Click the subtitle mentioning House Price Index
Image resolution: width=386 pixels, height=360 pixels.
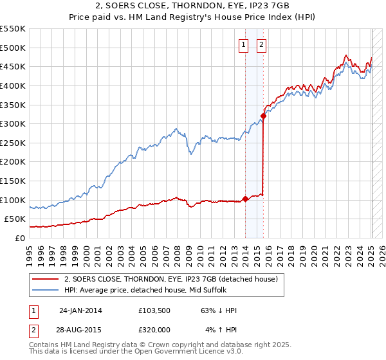[193, 18]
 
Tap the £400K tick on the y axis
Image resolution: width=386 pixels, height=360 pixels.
[13, 85]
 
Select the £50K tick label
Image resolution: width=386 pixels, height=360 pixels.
[15, 219]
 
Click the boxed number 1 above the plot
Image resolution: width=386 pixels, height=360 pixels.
[244, 45]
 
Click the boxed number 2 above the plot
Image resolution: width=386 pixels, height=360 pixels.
[262, 45]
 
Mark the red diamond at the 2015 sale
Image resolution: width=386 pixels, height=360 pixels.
[263, 116]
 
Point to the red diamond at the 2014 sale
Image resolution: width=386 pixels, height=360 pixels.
[245, 199]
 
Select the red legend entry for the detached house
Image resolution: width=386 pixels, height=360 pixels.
[170, 279]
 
